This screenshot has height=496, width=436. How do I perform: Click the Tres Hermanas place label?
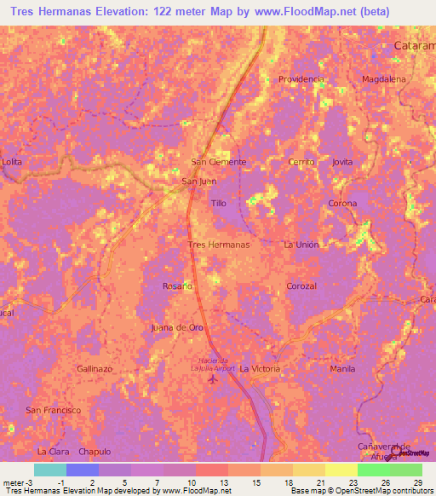[x=218, y=245]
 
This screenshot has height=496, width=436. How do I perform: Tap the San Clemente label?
[x=218, y=162]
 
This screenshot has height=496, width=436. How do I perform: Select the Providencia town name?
[x=301, y=79]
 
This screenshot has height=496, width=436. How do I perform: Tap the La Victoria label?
[x=259, y=369]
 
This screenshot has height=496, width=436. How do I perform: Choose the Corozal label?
[x=301, y=286]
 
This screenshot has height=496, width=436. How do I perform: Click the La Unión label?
[x=301, y=245]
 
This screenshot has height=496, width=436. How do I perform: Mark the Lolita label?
[x=12, y=162]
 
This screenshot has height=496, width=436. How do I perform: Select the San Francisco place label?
[x=53, y=410]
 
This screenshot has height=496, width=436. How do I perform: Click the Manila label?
[x=341, y=369]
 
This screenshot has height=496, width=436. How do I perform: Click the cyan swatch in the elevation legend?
[x=49, y=470]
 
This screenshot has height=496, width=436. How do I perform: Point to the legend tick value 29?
[x=417, y=482]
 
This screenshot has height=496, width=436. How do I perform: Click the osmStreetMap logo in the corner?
[x=412, y=453]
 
